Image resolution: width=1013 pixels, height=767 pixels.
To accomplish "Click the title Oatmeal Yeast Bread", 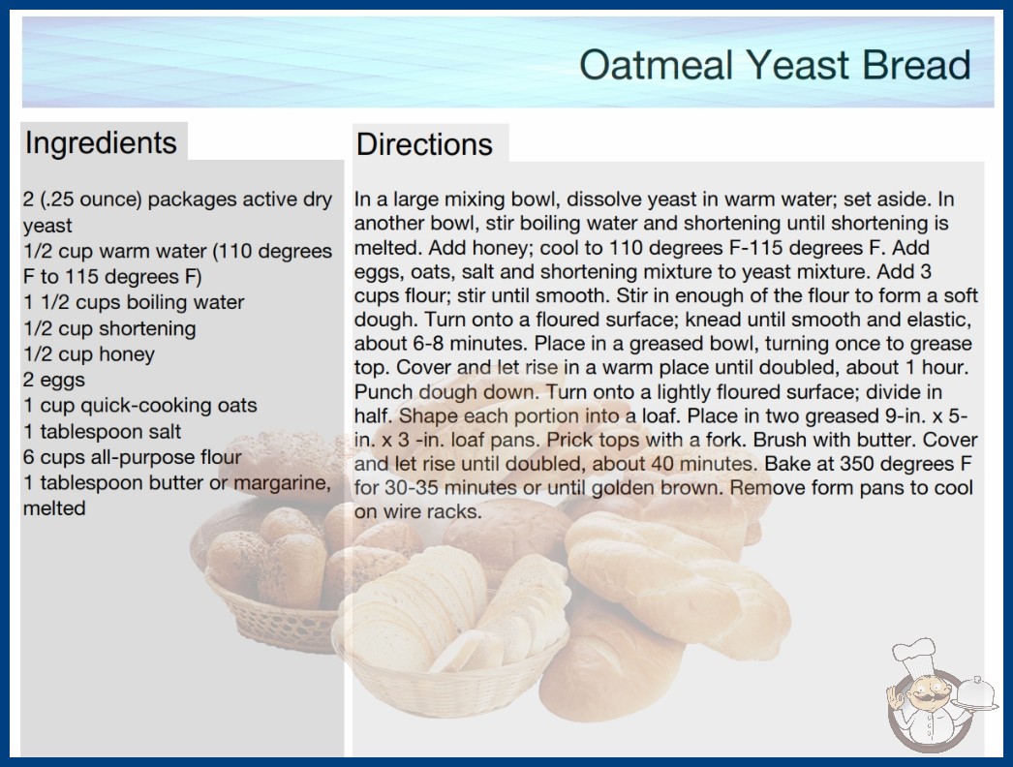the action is pos(775,65).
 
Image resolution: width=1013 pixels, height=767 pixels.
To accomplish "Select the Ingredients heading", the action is pos(101,143).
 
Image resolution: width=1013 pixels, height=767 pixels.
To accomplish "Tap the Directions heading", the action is pos(424,144).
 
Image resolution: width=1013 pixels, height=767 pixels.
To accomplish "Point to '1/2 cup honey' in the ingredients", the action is pos(89,354).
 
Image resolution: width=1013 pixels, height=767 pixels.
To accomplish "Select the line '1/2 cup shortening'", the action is pos(109,328).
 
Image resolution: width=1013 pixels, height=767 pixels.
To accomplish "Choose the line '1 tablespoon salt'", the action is pos(102,431).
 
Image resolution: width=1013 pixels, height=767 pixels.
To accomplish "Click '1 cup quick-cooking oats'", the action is pos(139,405).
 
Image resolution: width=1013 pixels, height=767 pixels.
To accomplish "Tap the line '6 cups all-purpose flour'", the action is pos(132,457).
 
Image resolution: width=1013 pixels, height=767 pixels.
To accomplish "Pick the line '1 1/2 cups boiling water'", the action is pos(134,302).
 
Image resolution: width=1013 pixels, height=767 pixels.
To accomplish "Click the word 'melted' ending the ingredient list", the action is pos(54,508).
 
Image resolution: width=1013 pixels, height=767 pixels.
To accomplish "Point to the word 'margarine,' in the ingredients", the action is pos(283,483).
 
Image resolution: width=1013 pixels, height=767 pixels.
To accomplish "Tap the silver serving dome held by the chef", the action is pos(976,693).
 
